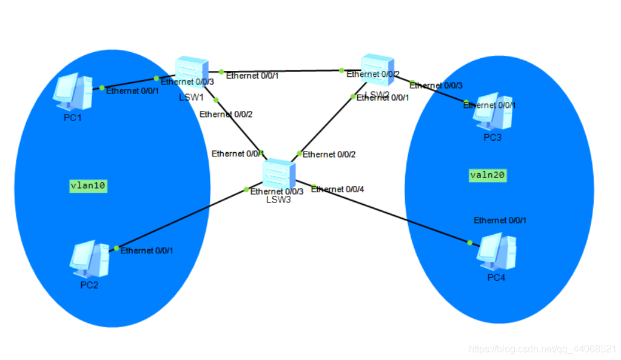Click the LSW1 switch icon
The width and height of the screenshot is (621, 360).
(192, 73)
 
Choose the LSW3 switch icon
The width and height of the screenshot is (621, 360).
(278, 176)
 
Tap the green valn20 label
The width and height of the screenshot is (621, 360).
(488, 175)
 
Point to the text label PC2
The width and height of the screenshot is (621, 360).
(89, 285)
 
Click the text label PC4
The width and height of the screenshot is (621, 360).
(496, 278)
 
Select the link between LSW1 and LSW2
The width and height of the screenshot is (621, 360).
(282, 71)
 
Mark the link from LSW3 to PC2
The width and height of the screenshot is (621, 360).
(182, 219)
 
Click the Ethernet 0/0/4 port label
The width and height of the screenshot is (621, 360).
(338, 190)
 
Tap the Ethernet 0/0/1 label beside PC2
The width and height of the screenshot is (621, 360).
(147, 250)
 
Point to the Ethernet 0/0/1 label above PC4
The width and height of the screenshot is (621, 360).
(500, 221)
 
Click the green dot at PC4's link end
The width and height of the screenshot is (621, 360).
(470, 242)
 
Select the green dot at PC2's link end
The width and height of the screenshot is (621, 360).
(116, 248)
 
